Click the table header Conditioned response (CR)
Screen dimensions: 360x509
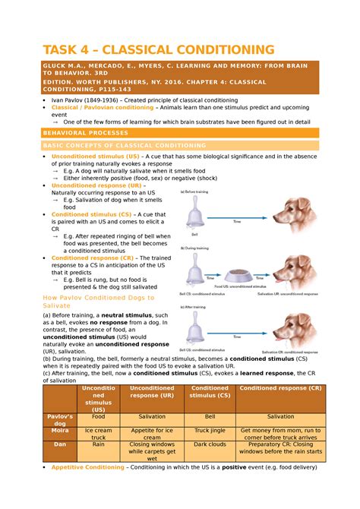point(280,389)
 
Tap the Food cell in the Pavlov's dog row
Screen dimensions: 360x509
point(99,416)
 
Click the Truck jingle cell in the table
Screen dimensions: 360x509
point(209,430)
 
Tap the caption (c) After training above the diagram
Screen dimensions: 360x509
point(195,306)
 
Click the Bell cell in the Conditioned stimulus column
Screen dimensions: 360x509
point(209,416)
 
